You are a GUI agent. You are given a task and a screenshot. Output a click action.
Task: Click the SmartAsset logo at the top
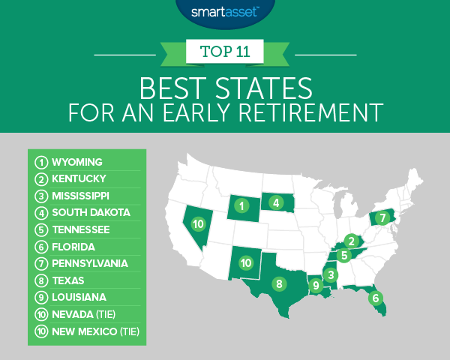coord(224,11)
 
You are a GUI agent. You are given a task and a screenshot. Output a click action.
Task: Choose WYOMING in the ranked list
coord(77,161)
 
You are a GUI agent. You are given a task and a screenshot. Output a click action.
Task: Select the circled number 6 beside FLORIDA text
coord(40,246)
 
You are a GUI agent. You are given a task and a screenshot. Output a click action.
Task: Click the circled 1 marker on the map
coord(241,205)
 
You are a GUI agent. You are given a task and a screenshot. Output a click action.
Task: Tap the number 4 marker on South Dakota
coord(276,202)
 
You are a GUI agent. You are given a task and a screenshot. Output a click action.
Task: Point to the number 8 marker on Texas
coord(278,284)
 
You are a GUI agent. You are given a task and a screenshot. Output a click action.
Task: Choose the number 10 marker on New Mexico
coord(245,262)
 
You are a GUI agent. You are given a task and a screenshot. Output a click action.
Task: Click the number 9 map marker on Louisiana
coord(316,285)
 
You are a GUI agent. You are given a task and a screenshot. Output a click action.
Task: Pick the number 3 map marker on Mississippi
coord(331,275)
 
